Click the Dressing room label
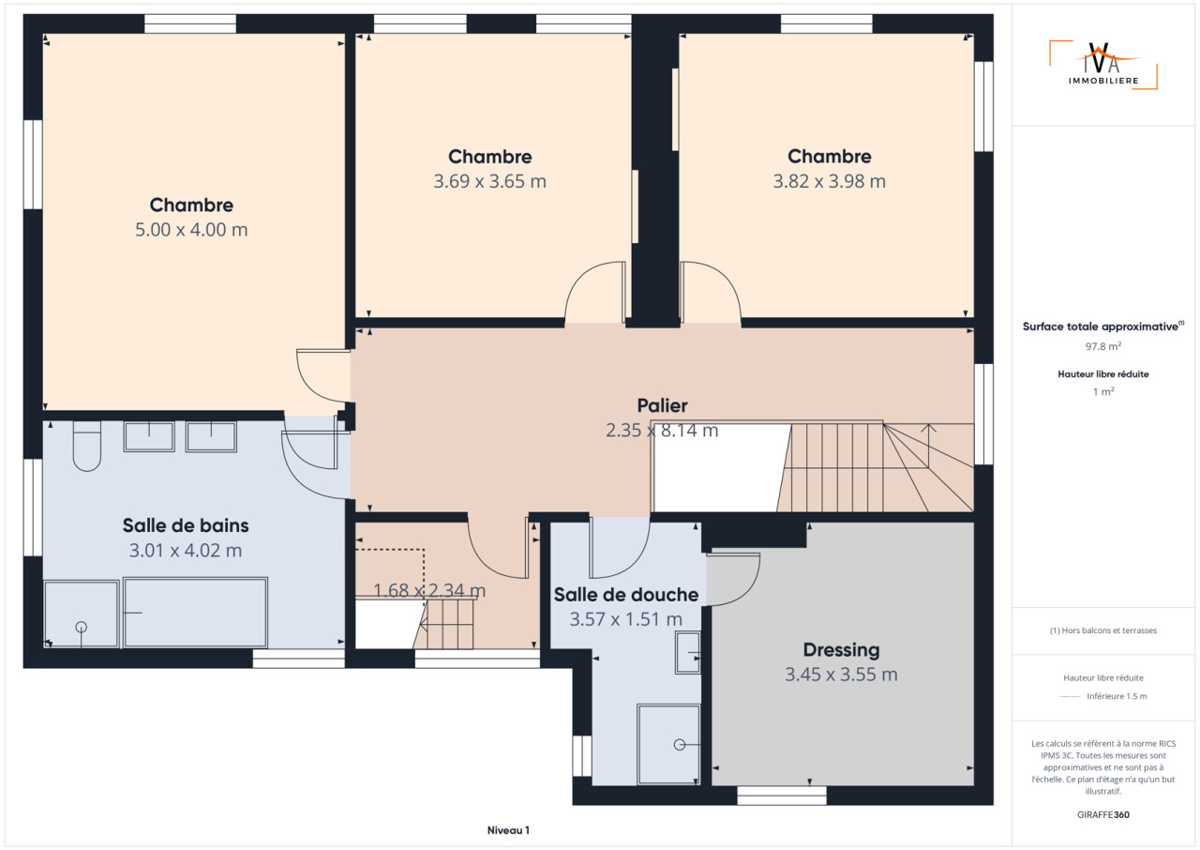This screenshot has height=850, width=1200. pyautogui.click(x=841, y=649)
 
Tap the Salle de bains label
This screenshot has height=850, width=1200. pyautogui.click(x=186, y=525)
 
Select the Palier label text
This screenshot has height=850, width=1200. pyautogui.click(x=662, y=405)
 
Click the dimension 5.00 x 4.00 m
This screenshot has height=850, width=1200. pyautogui.click(x=191, y=229)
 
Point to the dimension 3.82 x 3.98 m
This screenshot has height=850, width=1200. pyautogui.click(x=830, y=181)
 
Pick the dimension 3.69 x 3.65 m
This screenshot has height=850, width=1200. pyautogui.click(x=489, y=181)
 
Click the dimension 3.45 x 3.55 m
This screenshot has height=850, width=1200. pyautogui.click(x=841, y=675)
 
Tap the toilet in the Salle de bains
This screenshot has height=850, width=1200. pyautogui.click(x=87, y=446)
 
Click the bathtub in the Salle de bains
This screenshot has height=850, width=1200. pyautogui.click(x=196, y=613)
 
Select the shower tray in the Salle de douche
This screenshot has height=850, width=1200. pyautogui.click(x=668, y=744)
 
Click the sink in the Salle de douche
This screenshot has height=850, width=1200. pyautogui.click(x=688, y=653)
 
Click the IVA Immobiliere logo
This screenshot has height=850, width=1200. pyautogui.click(x=1103, y=65)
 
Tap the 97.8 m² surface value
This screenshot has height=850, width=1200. pyautogui.click(x=1103, y=346)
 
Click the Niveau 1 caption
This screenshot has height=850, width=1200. pyautogui.click(x=508, y=830)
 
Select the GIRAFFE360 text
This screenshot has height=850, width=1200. pyautogui.click(x=1103, y=814)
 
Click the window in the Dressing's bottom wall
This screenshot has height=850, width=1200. pyautogui.click(x=782, y=796)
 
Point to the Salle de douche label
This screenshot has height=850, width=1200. pyautogui.click(x=625, y=595)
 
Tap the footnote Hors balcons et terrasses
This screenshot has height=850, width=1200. pyautogui.click(x=1103, y=630)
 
